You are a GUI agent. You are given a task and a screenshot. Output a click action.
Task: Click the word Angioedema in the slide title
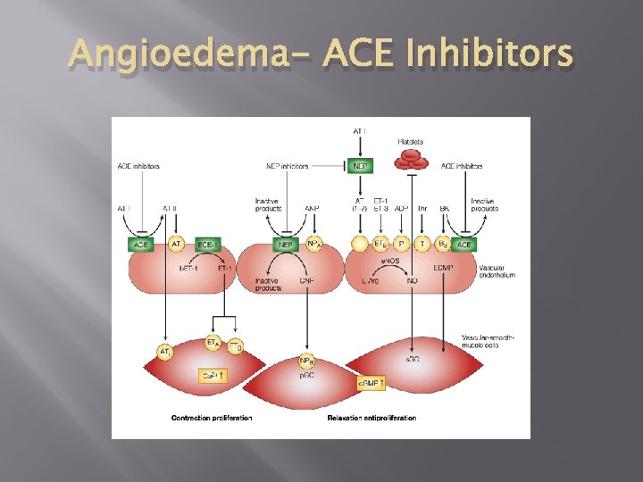155,55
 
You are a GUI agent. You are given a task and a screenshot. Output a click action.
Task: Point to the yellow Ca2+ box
211,376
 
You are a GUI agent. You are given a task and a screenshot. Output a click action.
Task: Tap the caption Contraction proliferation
212,418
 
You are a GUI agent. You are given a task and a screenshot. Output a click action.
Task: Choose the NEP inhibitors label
287,166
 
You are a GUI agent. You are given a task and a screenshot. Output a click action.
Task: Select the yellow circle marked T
424,243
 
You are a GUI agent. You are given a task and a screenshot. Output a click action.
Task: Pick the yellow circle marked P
402,243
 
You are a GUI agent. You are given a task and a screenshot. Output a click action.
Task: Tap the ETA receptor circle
213,343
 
